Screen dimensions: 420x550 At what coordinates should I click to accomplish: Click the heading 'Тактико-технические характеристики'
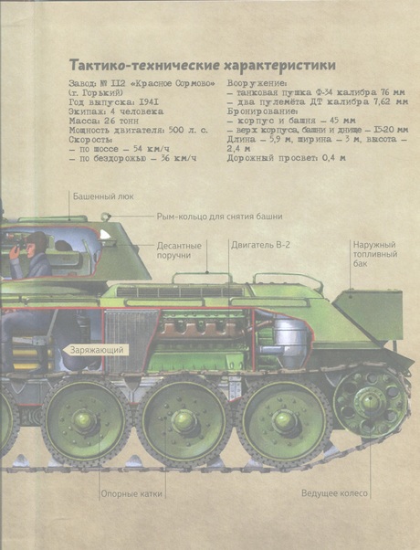[x=203, y=65]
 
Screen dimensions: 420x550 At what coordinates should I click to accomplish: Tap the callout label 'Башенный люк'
[x=103, y=196]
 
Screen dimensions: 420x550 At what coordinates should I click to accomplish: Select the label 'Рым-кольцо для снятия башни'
[x=219, y=217]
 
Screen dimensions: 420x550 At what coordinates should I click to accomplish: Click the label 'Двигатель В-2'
[x=260, y=245]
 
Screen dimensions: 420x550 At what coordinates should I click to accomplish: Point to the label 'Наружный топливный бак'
[x=375, y=254]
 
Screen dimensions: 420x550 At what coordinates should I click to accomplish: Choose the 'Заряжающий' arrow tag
[x=95, y=350]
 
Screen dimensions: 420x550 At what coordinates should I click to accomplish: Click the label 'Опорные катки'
[x=131, y=494]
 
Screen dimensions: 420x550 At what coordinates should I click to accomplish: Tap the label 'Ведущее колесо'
[x=334, y=493]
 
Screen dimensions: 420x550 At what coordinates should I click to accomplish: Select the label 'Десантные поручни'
[x=179, y=250]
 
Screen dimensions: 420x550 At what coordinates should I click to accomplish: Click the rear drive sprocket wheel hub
[x=369, y=399]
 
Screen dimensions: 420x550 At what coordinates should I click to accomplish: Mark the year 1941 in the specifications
[x=149, y=102]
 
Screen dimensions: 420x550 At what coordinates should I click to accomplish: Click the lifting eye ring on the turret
[x=105, y=217]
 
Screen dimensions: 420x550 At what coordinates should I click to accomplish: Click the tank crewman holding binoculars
[x=30, y=254]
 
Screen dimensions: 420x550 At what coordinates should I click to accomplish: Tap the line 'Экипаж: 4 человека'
[x=116, y=111]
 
